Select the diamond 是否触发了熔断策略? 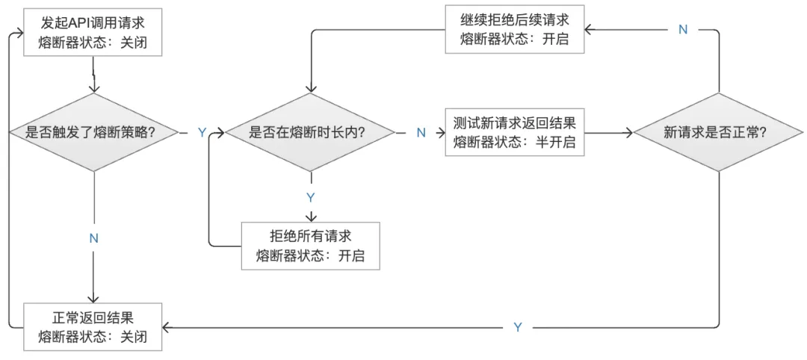[x=92, y=133]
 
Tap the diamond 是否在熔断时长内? [x=310, y=133]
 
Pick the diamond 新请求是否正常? [x=720, y=133]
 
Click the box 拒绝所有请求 [x=310, y=246]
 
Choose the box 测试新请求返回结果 [x=515, y=132]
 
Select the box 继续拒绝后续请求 [x=515, y=30]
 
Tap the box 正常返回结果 [x=92, y=326]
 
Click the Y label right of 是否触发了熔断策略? [x=202, y=133]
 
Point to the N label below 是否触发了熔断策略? [x=93, y=238]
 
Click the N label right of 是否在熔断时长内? [x=421, y=133]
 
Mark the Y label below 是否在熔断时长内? [x=311, y=197]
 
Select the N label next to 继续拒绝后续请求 [x=682, y=29]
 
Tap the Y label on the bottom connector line [x=518, y=327]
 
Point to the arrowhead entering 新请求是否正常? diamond [x=629, y=133]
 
